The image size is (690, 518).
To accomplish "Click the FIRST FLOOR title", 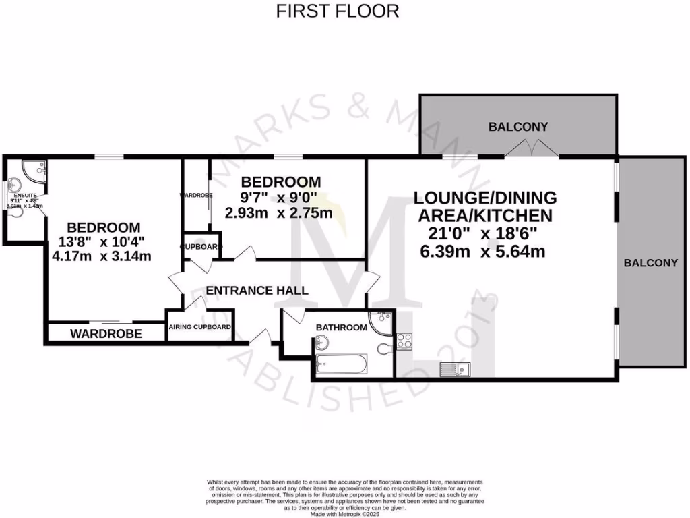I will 338,11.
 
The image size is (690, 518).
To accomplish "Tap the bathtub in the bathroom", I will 342,366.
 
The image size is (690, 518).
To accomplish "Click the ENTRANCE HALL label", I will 257,291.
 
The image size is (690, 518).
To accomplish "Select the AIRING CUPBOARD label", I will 200,328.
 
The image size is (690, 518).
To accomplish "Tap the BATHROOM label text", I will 342,328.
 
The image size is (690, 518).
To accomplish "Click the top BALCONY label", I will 518,126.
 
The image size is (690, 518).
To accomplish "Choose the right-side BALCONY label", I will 650,263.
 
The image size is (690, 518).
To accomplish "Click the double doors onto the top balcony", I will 532,150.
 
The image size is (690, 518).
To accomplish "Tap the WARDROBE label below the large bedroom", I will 106,333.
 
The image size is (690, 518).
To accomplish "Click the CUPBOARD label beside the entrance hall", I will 201,247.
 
